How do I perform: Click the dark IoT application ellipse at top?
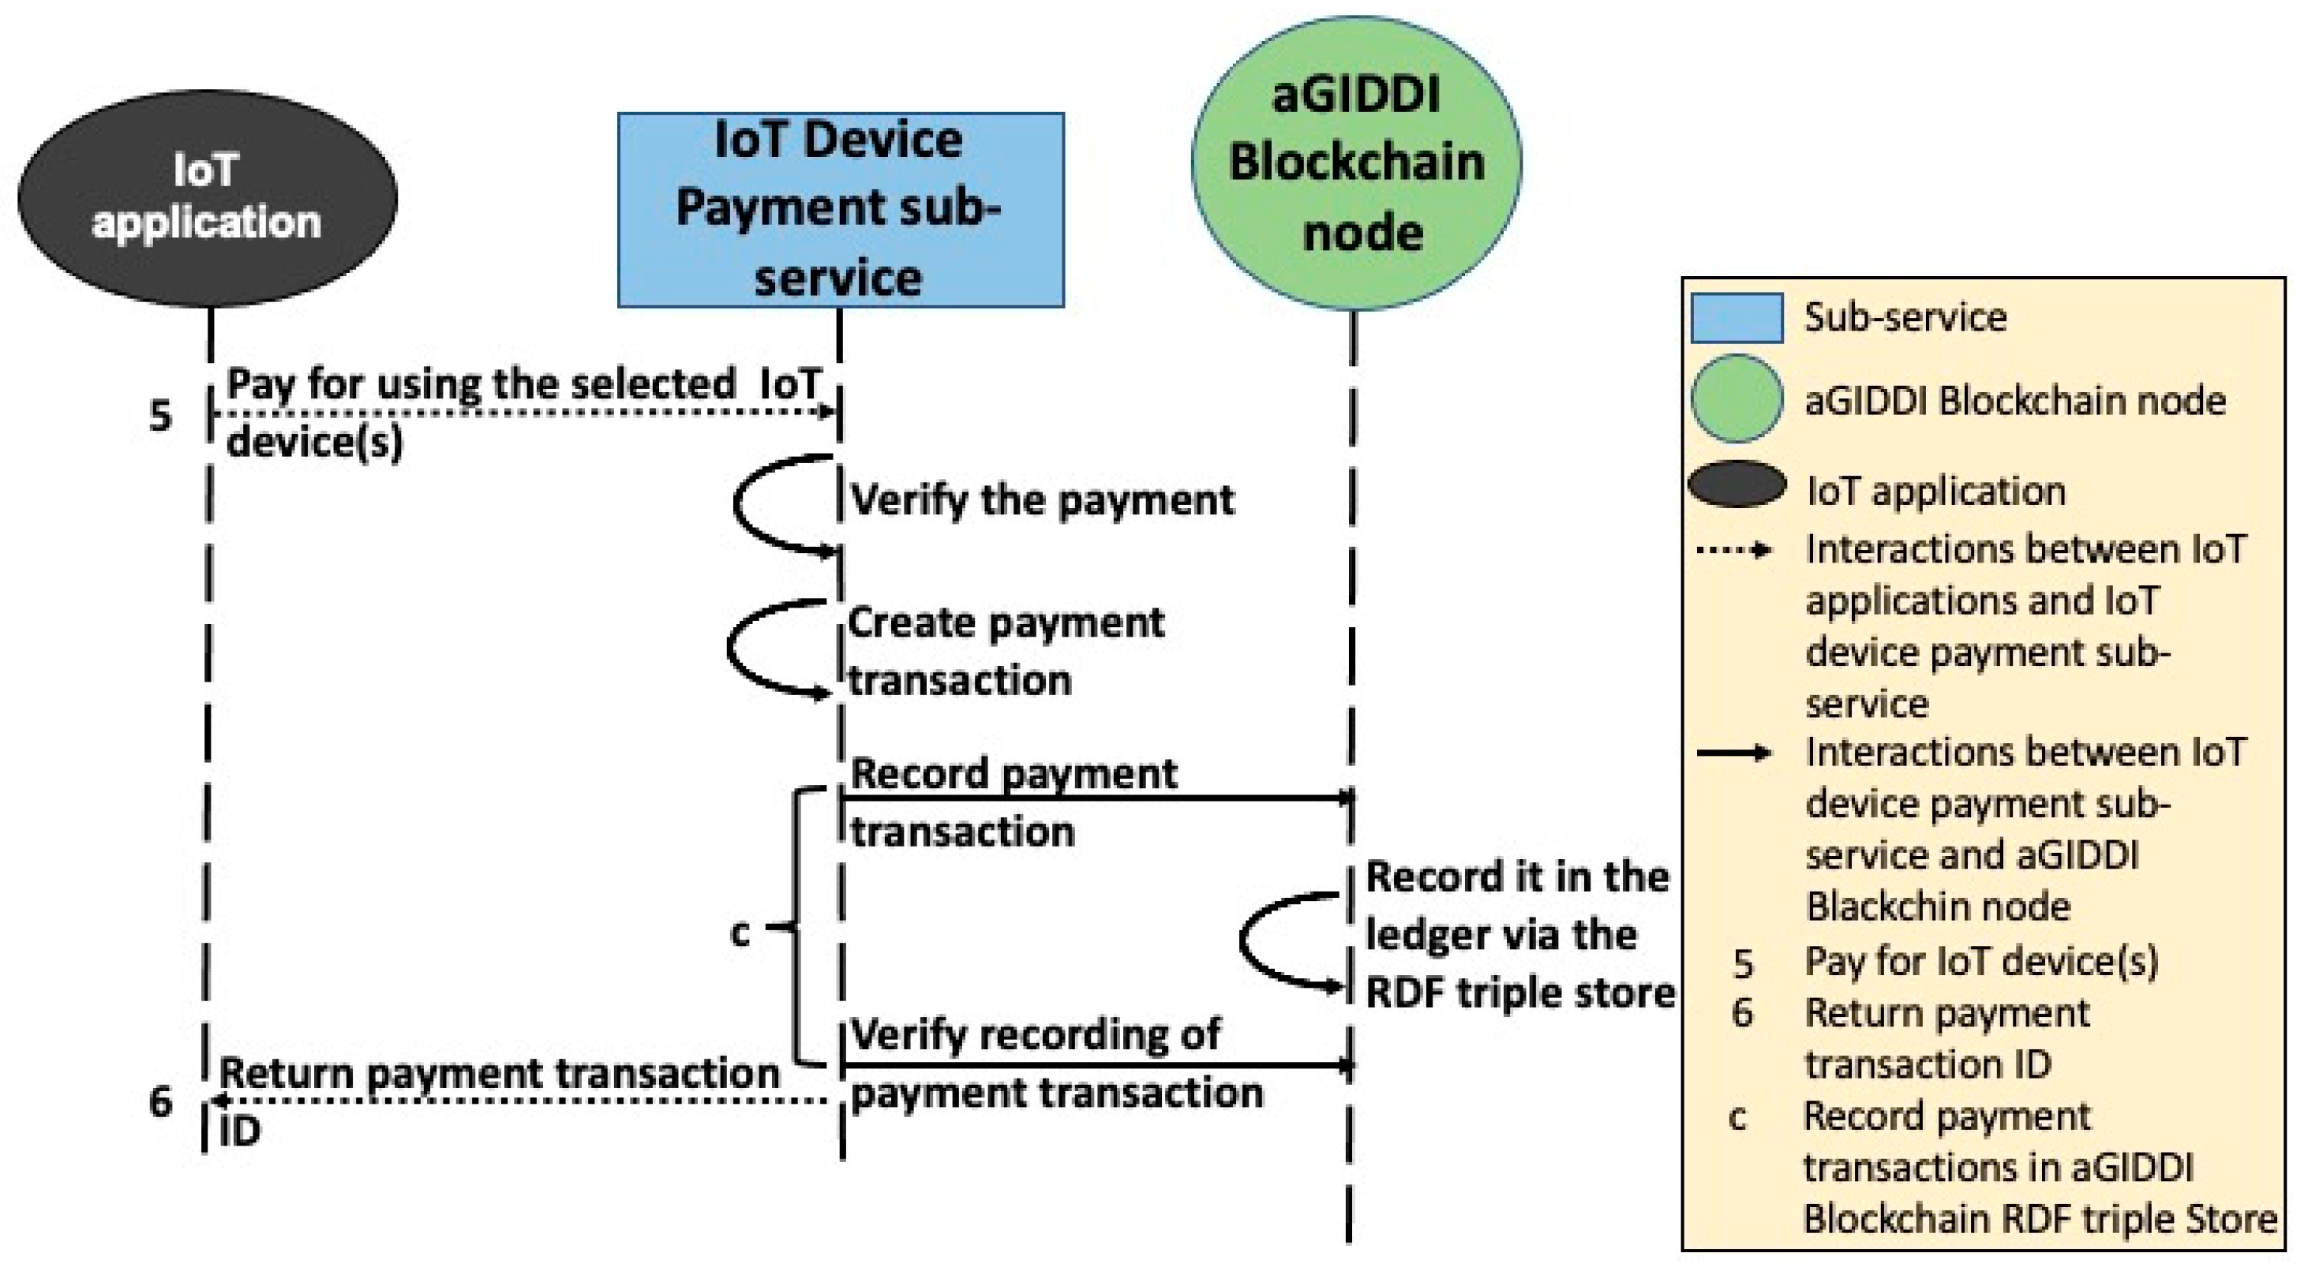coord(207,197)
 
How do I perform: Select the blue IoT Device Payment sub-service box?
coord(841,210)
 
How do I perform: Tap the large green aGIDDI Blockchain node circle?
coord(1355,164)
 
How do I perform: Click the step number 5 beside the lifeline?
coord(160,416)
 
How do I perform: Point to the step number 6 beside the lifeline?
coord(160,1101)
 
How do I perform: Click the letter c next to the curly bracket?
coord(740,933)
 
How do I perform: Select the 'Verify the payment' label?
coord(1042,500)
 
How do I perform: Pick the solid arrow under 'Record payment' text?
coord(1097,797)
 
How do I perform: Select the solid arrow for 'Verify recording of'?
coord(1097,1066)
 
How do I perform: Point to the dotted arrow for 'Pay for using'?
coord(524,412)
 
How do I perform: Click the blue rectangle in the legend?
coord(1737,318)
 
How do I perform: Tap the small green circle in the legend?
coord(1736,399)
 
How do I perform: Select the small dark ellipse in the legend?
coord(1737,484)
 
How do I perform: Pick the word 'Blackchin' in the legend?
coord(1937,907)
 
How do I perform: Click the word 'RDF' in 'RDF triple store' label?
coord(1402,993)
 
